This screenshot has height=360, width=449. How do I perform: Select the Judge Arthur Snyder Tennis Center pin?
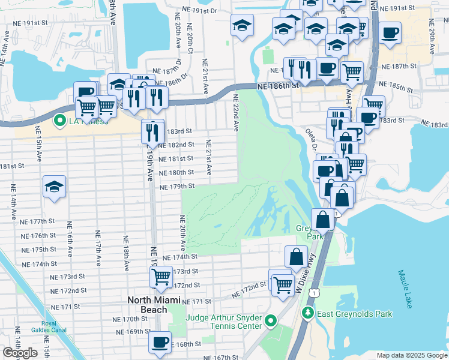(271, 322)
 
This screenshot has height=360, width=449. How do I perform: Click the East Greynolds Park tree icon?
(308, 313)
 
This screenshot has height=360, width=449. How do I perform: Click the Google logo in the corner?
(20, 353)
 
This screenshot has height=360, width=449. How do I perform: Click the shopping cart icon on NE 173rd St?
(160, 277)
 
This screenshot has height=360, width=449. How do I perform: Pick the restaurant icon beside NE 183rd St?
(152, 131)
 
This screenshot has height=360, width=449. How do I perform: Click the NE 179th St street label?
(178, 187)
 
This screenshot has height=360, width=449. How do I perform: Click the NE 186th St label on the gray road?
(277, 86)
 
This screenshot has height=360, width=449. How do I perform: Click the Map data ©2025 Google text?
(411, 355)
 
